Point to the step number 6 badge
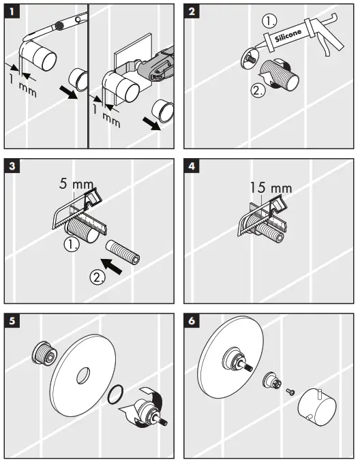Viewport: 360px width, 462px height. [194, 321]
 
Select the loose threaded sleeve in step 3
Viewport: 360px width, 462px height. [123, 249]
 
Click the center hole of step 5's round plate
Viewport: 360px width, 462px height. [84, 377]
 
